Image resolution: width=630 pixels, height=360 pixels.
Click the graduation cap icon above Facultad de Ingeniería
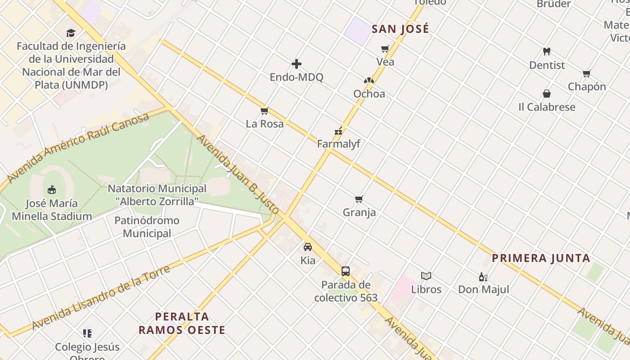71,33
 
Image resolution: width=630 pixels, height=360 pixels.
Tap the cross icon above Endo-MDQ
297,64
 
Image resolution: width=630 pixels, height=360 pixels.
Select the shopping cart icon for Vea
385,49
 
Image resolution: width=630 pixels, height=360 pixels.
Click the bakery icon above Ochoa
369,81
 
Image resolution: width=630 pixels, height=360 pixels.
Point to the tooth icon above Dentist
547,52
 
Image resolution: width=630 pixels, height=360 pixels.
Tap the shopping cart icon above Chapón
586,73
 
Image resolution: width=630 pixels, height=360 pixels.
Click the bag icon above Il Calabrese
547,94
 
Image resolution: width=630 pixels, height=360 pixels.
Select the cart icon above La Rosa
264,111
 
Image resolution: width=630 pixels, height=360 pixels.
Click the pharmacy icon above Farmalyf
338,131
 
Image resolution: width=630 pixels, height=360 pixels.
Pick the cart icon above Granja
359,199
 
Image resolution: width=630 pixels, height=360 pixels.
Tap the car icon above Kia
308,247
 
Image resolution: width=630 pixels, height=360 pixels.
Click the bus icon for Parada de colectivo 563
346,271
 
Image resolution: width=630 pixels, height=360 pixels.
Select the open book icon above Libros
426,276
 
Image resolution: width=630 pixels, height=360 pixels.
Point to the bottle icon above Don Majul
483,277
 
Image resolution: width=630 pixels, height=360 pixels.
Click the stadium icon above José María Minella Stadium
52,189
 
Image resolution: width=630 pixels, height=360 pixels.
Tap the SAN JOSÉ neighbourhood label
400,29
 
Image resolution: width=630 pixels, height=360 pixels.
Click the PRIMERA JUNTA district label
540,258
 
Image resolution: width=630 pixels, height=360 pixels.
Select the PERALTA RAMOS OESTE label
182,323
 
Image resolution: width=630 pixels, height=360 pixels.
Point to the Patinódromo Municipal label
147,227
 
